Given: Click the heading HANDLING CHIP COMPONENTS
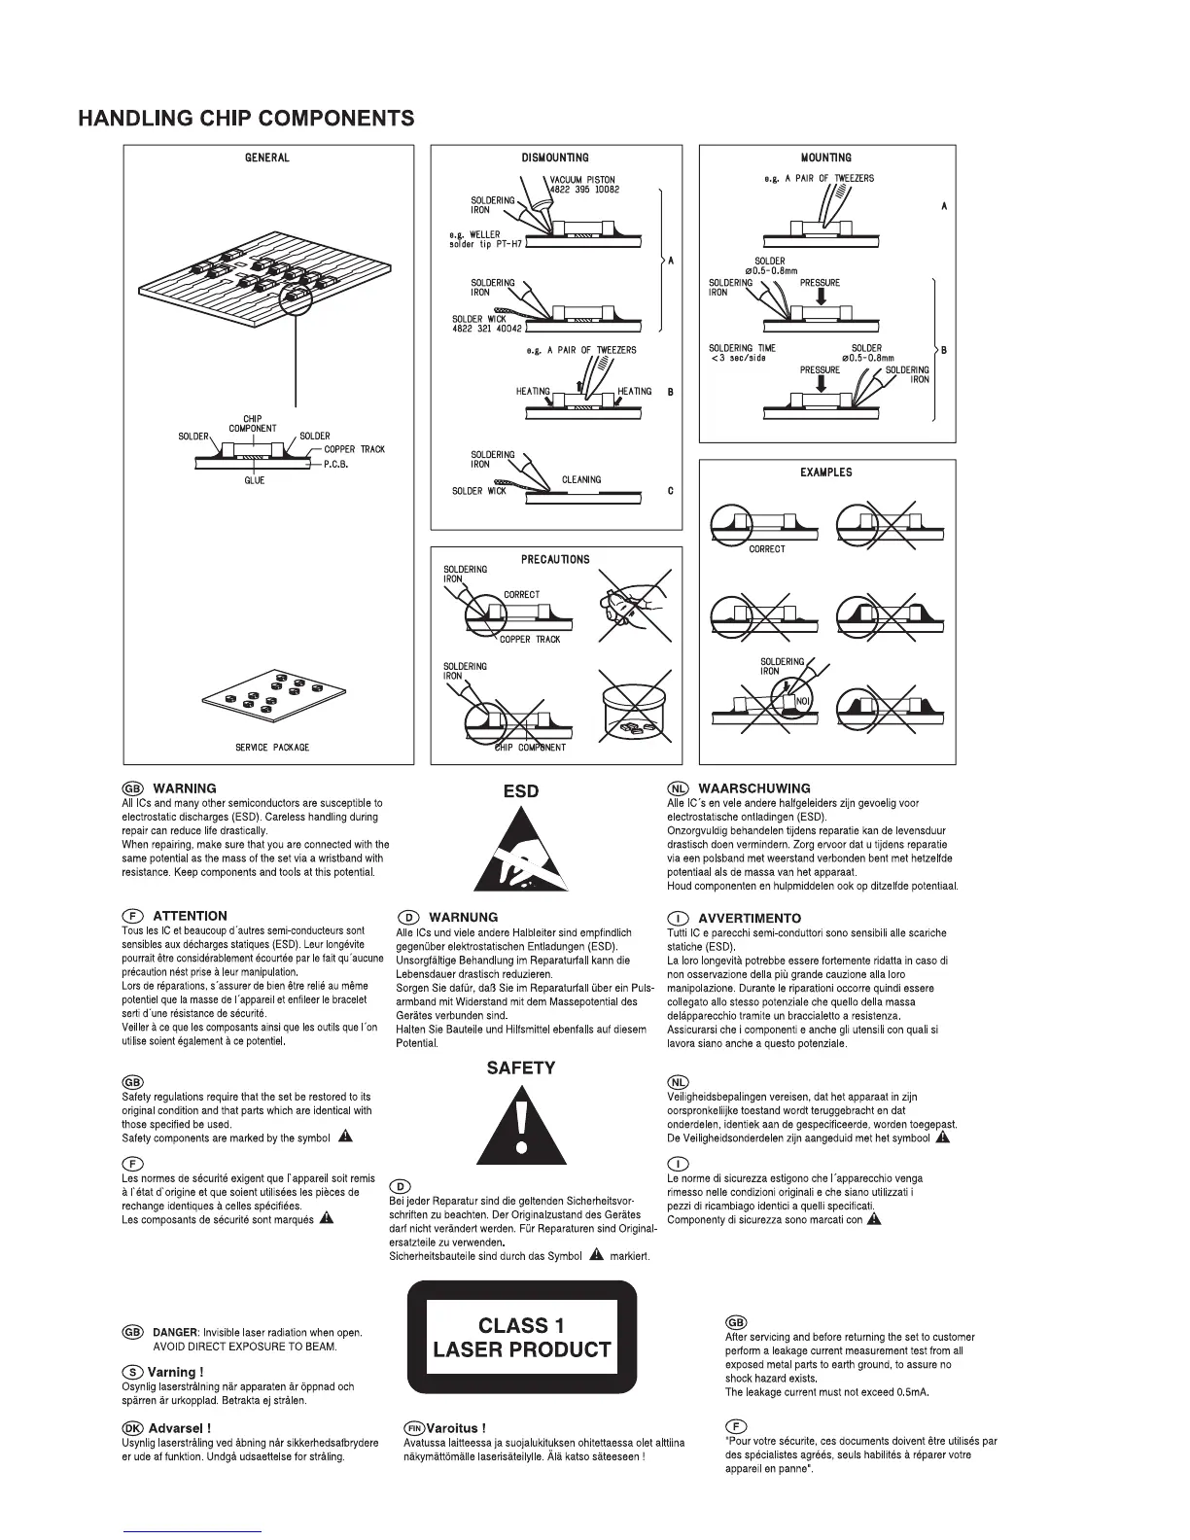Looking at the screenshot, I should click(246, 119).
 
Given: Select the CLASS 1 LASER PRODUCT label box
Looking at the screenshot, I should click(521, 1337).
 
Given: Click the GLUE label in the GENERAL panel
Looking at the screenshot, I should click(255, 480).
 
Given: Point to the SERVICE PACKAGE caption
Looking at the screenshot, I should click(272, 747).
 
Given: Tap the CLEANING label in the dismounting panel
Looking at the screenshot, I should click(581, 479).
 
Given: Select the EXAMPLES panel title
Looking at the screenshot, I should click(826, 472).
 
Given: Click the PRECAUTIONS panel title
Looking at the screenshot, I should click(555, 559).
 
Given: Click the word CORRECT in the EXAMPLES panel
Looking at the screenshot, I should click(766, 549).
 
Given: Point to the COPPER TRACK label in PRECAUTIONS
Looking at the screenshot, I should click(530, 640).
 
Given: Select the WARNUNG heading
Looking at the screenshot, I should click(463, 917).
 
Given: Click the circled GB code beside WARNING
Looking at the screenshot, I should click(132, 788).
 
